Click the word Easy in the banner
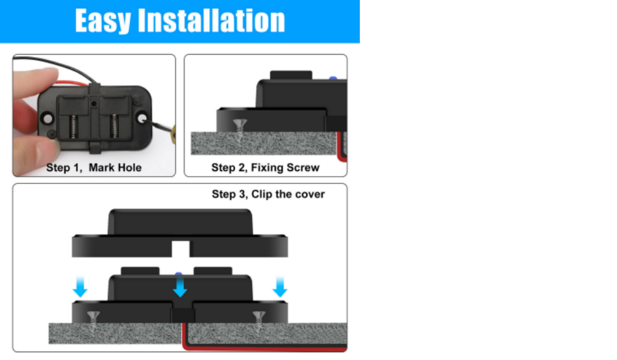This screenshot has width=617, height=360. (103, 21)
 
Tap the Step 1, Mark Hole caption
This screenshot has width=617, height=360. (94, 168)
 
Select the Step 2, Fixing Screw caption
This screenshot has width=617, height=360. (265, 168)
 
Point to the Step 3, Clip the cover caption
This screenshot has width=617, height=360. (268, 194)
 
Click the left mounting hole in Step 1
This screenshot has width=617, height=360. (47, 118)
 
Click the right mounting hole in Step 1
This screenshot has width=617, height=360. (142, 118)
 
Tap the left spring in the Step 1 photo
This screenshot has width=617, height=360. (73, 126)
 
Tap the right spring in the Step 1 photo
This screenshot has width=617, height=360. (114, 126)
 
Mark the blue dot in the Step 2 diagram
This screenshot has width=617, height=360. (333, 79)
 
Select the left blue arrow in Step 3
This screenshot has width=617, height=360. (80, 287)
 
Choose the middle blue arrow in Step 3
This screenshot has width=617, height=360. (180, 287)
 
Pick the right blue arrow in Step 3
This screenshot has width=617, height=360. (280, 287)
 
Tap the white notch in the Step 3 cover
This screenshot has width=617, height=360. (181, 249)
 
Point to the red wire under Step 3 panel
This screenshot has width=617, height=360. (264, 348)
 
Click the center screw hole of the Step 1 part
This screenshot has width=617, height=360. (94, 103)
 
